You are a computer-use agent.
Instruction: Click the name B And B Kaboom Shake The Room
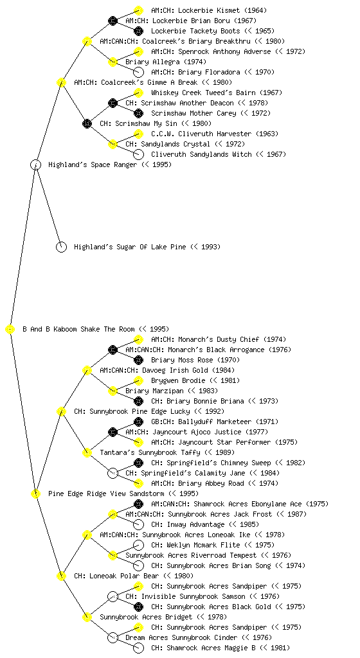point(78,330)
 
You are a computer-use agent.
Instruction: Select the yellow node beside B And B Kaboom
point(10,330)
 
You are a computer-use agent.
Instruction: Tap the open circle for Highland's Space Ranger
point(35,165)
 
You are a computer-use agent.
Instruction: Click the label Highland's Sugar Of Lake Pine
point(130,247)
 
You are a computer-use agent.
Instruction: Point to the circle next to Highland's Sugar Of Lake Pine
point(61,247)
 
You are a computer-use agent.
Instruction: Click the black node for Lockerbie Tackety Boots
point(138,31)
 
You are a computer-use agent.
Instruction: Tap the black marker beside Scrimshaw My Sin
point(87,124)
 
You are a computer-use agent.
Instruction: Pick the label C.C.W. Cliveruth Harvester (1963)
point(215,134)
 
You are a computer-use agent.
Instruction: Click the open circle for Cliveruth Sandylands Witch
point(138,154)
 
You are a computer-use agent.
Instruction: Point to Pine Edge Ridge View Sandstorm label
point(107,494)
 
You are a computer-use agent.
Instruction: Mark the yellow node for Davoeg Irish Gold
point(87,371)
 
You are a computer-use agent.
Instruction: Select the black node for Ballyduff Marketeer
point(138,422)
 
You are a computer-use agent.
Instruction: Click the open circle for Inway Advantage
point(138,524)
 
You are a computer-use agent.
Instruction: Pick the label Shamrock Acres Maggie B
point(203,648)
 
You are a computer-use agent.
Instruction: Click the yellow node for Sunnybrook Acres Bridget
point(87,618)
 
